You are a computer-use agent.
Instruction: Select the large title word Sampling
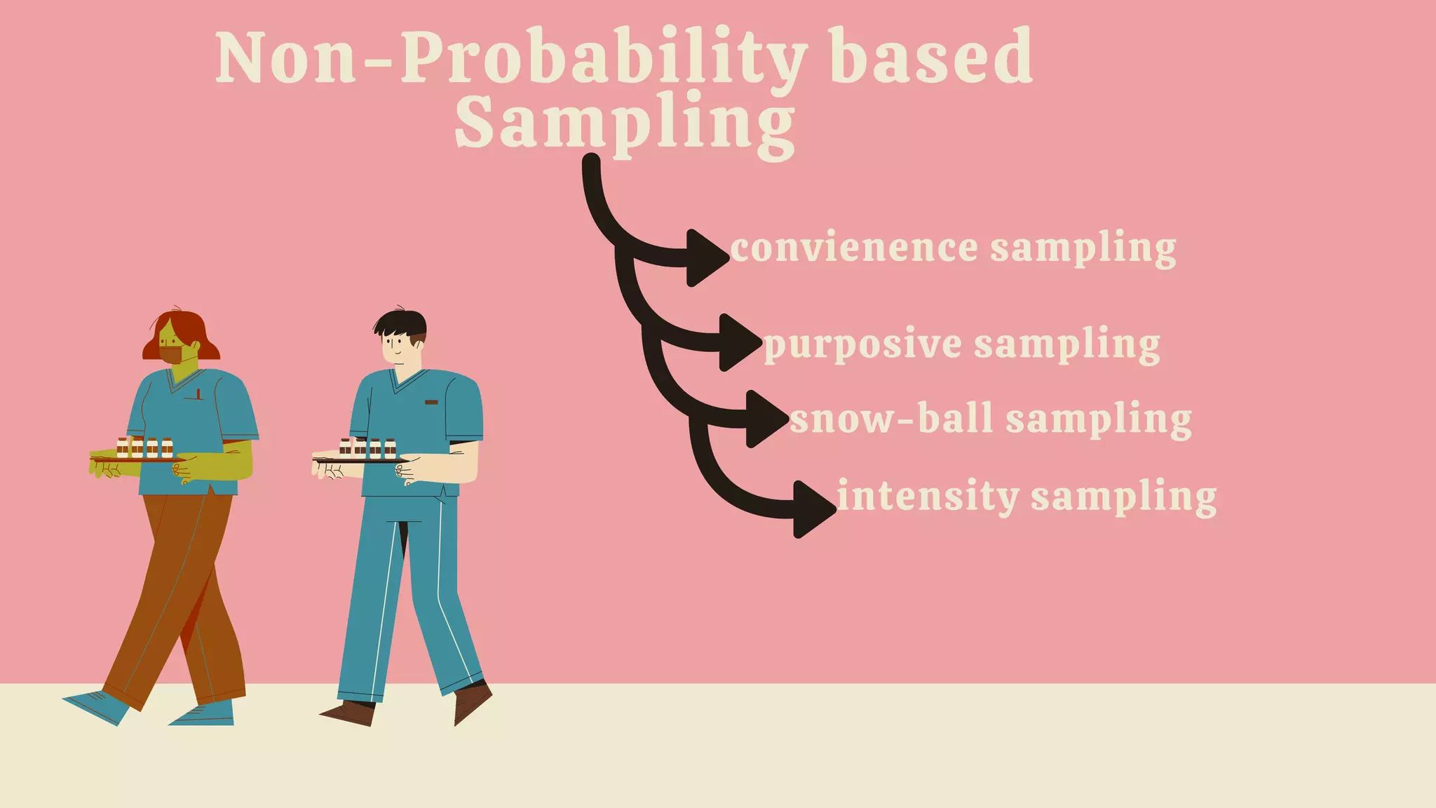pos(624,123)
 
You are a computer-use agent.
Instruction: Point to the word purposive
pos(862,344)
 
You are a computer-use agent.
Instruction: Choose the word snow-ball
pos(890,419)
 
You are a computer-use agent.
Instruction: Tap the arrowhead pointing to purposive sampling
pos(738,342)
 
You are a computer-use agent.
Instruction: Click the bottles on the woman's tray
pos(144,447)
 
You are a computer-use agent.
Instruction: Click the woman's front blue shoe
pos(98,705)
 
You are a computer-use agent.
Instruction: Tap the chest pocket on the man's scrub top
pos(431,403)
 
